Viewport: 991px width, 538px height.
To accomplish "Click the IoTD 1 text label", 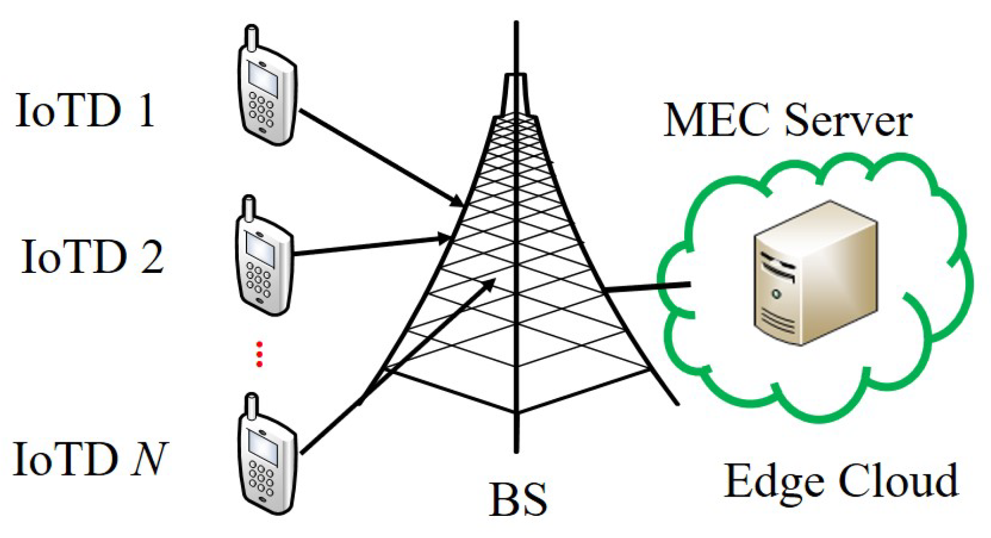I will (85, 111).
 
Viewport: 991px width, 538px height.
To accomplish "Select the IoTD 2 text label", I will (92, 257).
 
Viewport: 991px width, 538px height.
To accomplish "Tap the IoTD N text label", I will (89, 459).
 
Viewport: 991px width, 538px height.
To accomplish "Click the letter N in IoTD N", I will (148, 459).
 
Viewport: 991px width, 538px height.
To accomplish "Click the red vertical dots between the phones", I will (259, 354).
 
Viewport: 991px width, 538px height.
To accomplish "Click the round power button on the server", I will (776, 293).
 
